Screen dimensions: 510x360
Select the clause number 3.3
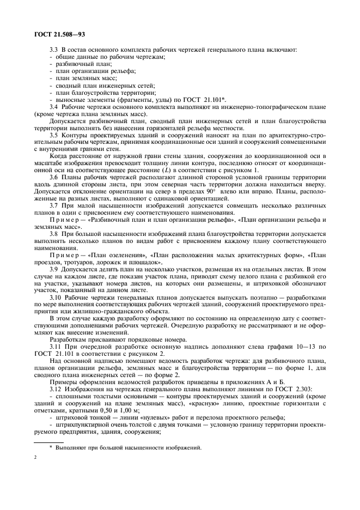[x=54, y=50]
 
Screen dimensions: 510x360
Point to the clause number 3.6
[x=54, y=178]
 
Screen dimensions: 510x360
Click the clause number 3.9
[x=54, y=270]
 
